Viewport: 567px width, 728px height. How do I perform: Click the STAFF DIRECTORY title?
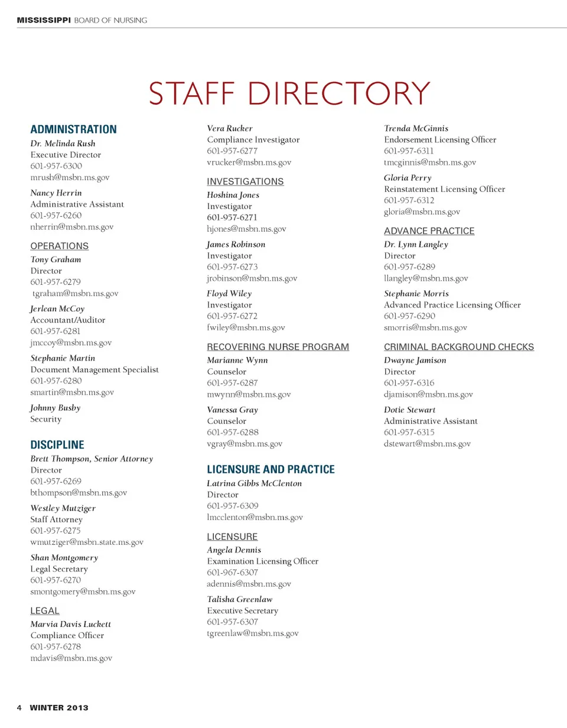(x=289, y=93)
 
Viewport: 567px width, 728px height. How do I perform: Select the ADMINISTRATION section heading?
(x=73, y=129)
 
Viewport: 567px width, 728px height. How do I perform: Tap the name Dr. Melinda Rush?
(x=63, y=144)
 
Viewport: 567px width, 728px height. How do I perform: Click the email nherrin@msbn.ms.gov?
(x=71, y=226)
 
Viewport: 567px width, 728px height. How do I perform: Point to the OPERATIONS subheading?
(x=59, y=246)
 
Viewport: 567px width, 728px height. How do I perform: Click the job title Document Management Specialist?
(x=94, y=370)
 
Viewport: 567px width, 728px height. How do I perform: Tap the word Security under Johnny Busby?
(x=46, y=420)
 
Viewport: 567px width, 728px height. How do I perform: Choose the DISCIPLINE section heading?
(x=57, y=445)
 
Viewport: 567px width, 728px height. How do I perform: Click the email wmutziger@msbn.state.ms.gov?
(x=87, y=542)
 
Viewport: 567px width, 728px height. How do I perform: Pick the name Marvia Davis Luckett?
(x=70, y=624)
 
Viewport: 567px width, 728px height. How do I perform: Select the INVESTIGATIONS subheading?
(x=245, y=181)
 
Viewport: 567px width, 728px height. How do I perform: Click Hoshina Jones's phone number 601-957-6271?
(x=232, y=217)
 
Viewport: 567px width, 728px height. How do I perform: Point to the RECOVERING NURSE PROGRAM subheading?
(x=278, y=347)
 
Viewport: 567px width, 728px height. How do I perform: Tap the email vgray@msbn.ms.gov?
(x=245, y=443)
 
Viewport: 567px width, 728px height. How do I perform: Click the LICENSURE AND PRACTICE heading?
(x=271, y=470)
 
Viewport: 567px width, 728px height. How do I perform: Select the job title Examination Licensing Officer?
(x=262, y=561)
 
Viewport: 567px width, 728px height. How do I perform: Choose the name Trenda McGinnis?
(x=416, y=128)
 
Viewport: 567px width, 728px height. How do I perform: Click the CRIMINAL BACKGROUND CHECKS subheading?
(x=458, y=347)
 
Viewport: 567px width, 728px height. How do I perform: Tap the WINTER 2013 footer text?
(x=59, y=707)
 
